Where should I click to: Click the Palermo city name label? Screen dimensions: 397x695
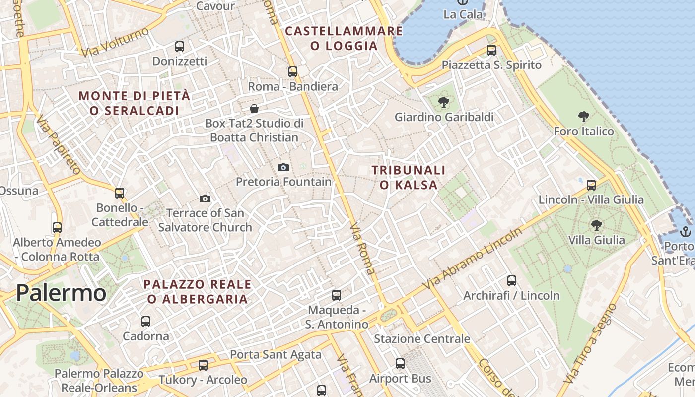61,293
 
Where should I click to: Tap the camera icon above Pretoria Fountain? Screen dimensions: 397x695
283,167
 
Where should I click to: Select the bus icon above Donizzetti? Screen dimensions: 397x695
180,47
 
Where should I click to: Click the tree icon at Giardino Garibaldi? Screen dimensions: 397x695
444,103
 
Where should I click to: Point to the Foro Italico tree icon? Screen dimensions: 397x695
584,117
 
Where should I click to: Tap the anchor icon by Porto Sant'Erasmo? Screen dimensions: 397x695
685,232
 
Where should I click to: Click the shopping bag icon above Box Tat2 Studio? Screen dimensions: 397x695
254,109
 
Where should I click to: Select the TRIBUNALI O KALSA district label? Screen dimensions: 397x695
409,177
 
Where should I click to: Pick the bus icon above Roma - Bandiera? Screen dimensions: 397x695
293,71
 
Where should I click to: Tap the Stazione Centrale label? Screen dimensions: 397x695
421,339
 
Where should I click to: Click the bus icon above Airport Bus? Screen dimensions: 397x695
400,364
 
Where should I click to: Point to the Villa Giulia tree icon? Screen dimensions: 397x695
597,225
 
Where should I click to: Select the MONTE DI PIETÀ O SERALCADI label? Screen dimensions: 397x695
135,103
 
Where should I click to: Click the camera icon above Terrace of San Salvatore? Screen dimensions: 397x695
205,199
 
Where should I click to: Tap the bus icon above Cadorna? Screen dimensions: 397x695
146,322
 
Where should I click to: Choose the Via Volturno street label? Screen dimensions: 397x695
115,42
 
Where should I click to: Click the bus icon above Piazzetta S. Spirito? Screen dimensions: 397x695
491,50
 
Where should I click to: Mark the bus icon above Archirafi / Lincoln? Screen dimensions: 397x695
512,281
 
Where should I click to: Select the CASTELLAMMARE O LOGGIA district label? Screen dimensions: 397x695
344,38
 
